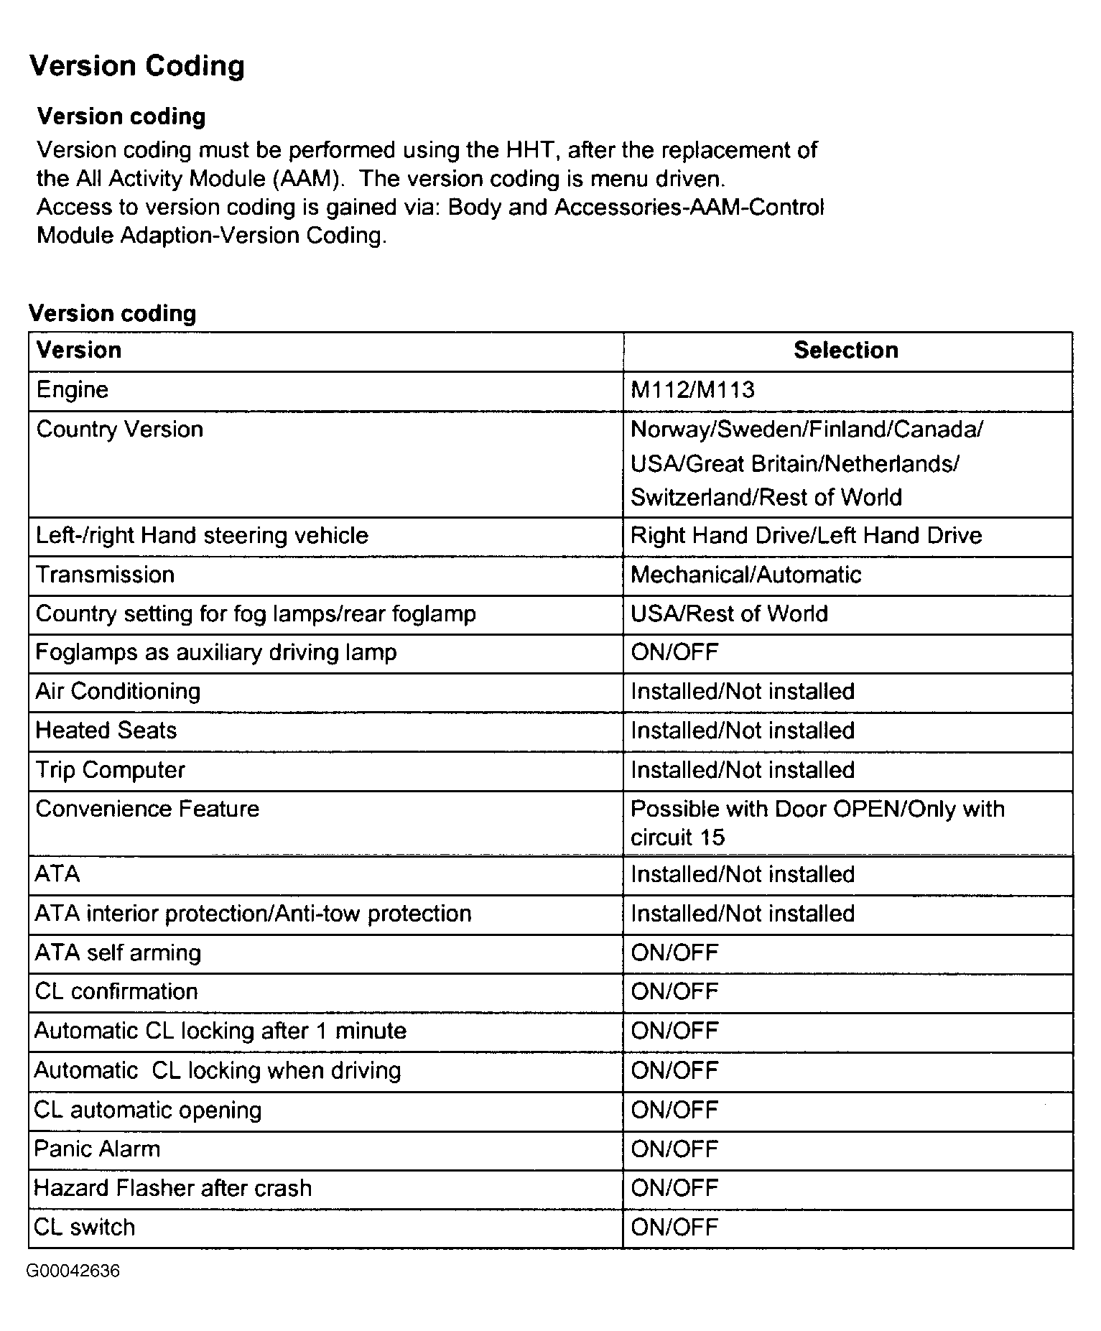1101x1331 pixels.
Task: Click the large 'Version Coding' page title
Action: (136, 66)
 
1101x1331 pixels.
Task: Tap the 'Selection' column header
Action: (846, 351)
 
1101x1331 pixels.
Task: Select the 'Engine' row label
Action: (73, 390)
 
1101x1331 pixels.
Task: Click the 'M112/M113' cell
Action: (692, 390)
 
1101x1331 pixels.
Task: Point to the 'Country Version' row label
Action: (119, 430)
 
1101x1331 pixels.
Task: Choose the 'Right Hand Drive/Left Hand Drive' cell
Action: (806, 536)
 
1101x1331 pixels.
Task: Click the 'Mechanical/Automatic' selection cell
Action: (745, 575)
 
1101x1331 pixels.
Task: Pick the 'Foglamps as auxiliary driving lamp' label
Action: (216, 652)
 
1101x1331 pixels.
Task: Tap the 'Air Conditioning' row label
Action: (118, 691)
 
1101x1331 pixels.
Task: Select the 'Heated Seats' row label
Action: (106, 731)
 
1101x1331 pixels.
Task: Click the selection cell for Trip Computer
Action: (743, 770)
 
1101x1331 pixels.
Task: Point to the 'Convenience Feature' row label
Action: (147, 809)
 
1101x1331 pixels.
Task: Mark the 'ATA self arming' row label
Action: (118, 953)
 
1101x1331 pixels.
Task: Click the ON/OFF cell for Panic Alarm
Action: (674, 1149)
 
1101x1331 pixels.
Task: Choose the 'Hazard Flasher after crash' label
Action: (173, 1188)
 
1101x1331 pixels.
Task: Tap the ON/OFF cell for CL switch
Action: (674, 1228)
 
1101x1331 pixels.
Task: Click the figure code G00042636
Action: (73, 1271)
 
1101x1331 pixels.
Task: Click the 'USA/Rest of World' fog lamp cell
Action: (729, 614)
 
